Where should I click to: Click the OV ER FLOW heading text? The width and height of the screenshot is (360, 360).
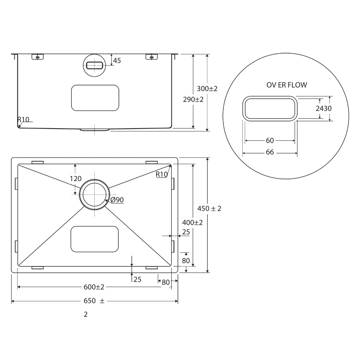pos(287,85)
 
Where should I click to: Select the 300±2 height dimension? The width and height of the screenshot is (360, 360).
pos(207,89)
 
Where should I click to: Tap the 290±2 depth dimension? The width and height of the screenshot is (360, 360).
pos(193,99)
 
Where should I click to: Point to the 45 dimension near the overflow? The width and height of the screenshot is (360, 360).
pos(117,60)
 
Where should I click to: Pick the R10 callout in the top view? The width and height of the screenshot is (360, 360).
pos(162,174)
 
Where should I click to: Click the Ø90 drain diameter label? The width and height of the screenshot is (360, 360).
pos(117,200)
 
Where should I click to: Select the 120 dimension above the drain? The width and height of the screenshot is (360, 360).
pos(76,179)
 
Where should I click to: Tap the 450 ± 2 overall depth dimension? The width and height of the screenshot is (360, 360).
pos(209,208)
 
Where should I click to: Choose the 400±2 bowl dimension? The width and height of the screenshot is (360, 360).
pos(192,222)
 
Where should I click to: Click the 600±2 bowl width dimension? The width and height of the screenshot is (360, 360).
pos(94,287)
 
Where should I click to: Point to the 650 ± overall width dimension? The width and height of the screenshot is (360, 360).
pos(94,301)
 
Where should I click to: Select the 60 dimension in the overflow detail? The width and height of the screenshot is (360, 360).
pos(270,140)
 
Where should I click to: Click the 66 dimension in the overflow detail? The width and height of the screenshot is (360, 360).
pos(270,152)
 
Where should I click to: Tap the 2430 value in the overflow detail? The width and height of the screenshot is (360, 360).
pos(324,108)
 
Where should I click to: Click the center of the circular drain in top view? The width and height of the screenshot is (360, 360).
pos(94,194)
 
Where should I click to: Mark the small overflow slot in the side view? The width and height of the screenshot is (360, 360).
pos(94,65)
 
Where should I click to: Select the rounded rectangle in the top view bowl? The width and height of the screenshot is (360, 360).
pos(95,239)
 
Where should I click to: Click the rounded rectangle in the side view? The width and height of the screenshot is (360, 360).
pos(95,98)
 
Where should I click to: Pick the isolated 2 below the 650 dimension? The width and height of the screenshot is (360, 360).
pos(86,314)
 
